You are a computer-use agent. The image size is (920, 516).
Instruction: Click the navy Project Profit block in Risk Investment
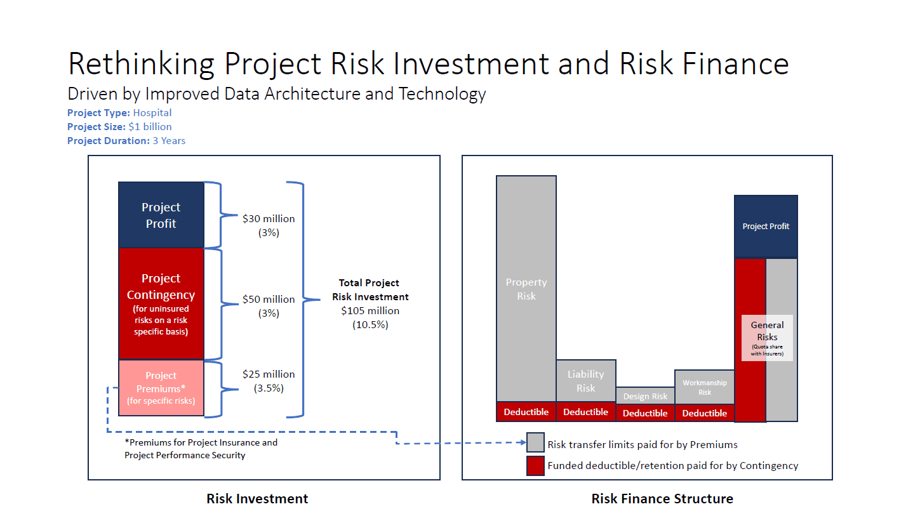[161, 215]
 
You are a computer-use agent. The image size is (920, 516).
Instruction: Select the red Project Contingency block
[161, 304]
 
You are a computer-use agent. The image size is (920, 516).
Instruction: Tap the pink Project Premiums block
[161, 388]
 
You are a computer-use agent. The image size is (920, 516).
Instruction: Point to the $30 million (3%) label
[269, 225]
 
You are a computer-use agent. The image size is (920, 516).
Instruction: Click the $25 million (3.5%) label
[269, 381]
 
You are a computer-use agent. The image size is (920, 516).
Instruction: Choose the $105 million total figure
[370, 311]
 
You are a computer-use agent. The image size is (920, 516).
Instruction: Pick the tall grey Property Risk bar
[526, 289]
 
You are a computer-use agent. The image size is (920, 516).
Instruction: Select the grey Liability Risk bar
[585, 381]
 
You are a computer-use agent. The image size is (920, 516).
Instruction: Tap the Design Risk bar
[645, 395]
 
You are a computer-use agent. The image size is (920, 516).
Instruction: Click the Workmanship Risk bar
[704, 387]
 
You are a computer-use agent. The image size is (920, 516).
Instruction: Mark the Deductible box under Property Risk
[526, 412]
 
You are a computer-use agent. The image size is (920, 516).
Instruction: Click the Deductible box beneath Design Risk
[645, 413]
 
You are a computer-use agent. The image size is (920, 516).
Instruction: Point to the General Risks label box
[767, 338]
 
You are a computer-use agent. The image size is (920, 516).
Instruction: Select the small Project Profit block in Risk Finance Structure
[766, 227]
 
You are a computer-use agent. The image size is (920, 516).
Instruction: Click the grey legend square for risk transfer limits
[536, 442]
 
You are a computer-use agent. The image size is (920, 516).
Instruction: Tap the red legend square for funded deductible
[536, 466]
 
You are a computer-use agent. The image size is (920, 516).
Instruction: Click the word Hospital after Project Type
[152, 113]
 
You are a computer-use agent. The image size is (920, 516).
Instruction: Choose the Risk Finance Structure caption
[662, 499]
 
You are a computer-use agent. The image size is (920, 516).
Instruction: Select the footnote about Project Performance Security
[201, 449]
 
